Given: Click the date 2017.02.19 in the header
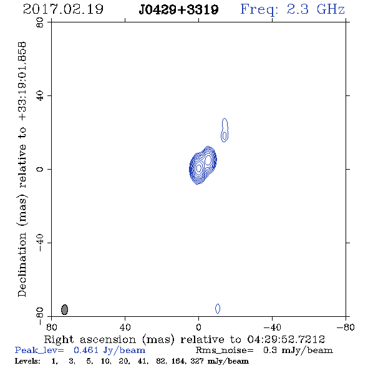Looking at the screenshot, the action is click(x=63, y=9).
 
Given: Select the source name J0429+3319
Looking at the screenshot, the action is click(x=178, y=9).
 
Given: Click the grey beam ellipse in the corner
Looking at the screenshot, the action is click(x=64, y=309).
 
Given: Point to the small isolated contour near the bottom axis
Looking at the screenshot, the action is click(x=218, y=308).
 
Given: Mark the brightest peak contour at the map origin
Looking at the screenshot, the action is click(x=198, y=168).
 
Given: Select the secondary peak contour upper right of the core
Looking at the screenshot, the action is click(x=208, y=160).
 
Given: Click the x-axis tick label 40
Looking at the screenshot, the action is click(x=125, y=327).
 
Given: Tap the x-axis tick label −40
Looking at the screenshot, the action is click(x=272, y=327).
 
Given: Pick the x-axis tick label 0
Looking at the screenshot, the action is click(x=198, y=327).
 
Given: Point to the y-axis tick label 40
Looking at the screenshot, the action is click(x=40, y=96).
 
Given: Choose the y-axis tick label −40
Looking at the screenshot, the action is click(x=40, y=243).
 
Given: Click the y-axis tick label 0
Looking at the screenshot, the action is click(x=40, y=169).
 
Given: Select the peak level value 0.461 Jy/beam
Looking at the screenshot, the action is click(x=109, y=350).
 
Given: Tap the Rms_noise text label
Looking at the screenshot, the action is click(x=225, y=350).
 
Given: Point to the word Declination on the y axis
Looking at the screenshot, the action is click(x=22, y=264).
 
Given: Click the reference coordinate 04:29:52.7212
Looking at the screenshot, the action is click(x=286, y=339).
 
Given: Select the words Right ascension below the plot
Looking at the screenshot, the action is click(x=90, y=339).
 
